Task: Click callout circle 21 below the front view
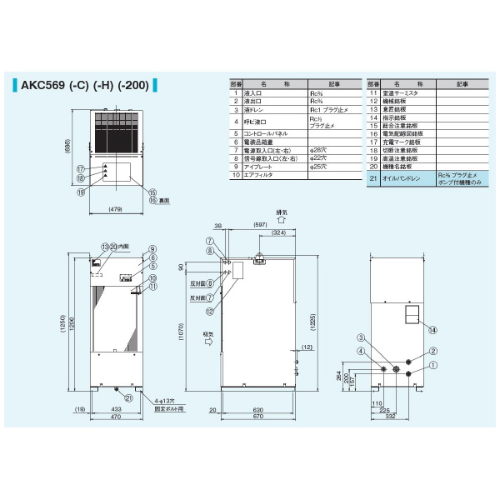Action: pos(128,397)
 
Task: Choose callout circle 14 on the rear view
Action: pos(432,329)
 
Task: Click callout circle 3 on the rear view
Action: pos(361,337)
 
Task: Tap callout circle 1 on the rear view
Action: pos(432,364)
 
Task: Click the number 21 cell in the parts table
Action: pos(372,177)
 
